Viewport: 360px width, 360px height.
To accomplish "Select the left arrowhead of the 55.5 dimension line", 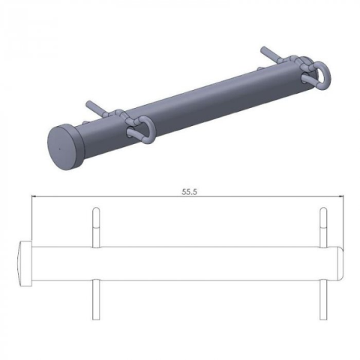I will pos(34,197).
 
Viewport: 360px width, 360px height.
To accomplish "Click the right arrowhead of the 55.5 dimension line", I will pos(340,197).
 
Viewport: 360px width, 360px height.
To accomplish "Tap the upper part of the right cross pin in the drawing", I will pos(322,225).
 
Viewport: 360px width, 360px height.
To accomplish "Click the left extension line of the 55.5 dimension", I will pos(30,217).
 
